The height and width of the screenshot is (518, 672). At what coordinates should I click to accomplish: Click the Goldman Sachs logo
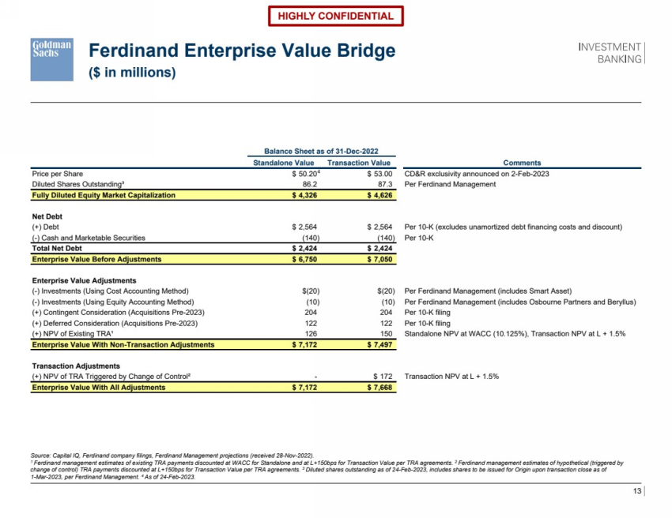coord(51,58)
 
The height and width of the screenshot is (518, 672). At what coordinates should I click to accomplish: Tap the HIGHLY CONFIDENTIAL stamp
coord(335,16)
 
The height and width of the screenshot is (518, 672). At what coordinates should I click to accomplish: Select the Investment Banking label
coord(611,53)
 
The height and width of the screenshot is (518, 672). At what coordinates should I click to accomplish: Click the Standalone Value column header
coord(283,163)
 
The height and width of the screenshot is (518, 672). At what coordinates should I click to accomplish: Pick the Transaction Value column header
coord(359,163)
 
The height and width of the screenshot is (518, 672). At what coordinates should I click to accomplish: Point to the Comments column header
coord(522,163)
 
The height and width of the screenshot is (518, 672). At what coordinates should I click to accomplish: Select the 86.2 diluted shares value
coord(306,184)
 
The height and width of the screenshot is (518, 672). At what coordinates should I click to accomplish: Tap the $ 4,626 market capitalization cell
coord(379,194)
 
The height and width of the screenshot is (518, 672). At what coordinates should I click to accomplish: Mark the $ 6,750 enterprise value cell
coord(304,258)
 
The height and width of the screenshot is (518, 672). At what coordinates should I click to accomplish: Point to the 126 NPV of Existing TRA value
coord(310,334)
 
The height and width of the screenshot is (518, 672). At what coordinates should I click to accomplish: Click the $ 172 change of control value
coord(380,377)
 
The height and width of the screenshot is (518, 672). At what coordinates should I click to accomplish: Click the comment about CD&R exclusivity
coord(477,174)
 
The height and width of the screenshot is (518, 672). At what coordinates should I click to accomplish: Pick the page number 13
coord(637,493)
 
